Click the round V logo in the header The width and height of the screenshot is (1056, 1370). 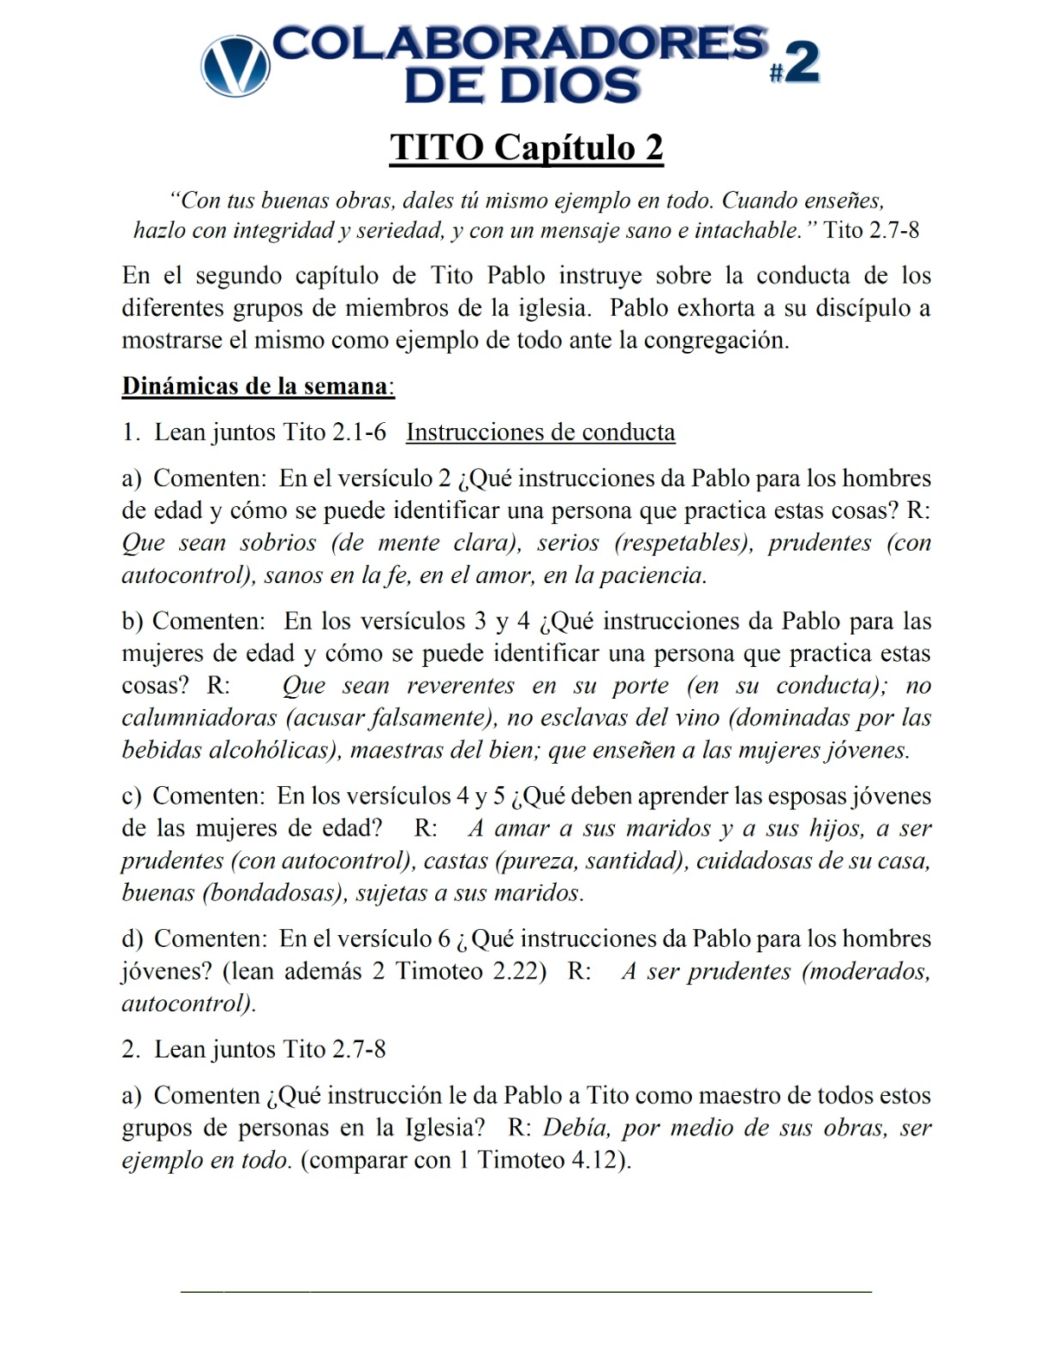click(x=235, y=66)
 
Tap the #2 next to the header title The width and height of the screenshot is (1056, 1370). click(x=795, y=65)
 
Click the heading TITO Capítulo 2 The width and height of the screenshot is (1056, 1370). click(x=527, y=147)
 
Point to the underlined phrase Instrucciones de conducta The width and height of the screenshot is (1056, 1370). click(x=540, y=432)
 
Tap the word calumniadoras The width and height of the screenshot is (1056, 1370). click(x=199, y=718)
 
